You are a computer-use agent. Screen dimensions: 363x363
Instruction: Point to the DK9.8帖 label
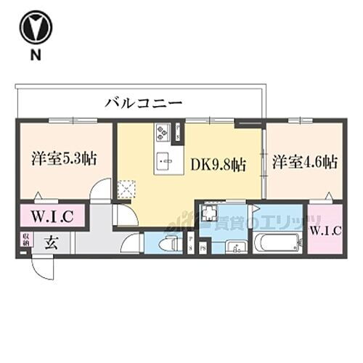click(218, 165)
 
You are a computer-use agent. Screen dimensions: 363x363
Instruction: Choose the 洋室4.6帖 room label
click(305, 161)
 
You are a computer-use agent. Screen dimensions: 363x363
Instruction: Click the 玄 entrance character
click(51, 242)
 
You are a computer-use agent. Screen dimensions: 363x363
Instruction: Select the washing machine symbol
click(210, 214)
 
